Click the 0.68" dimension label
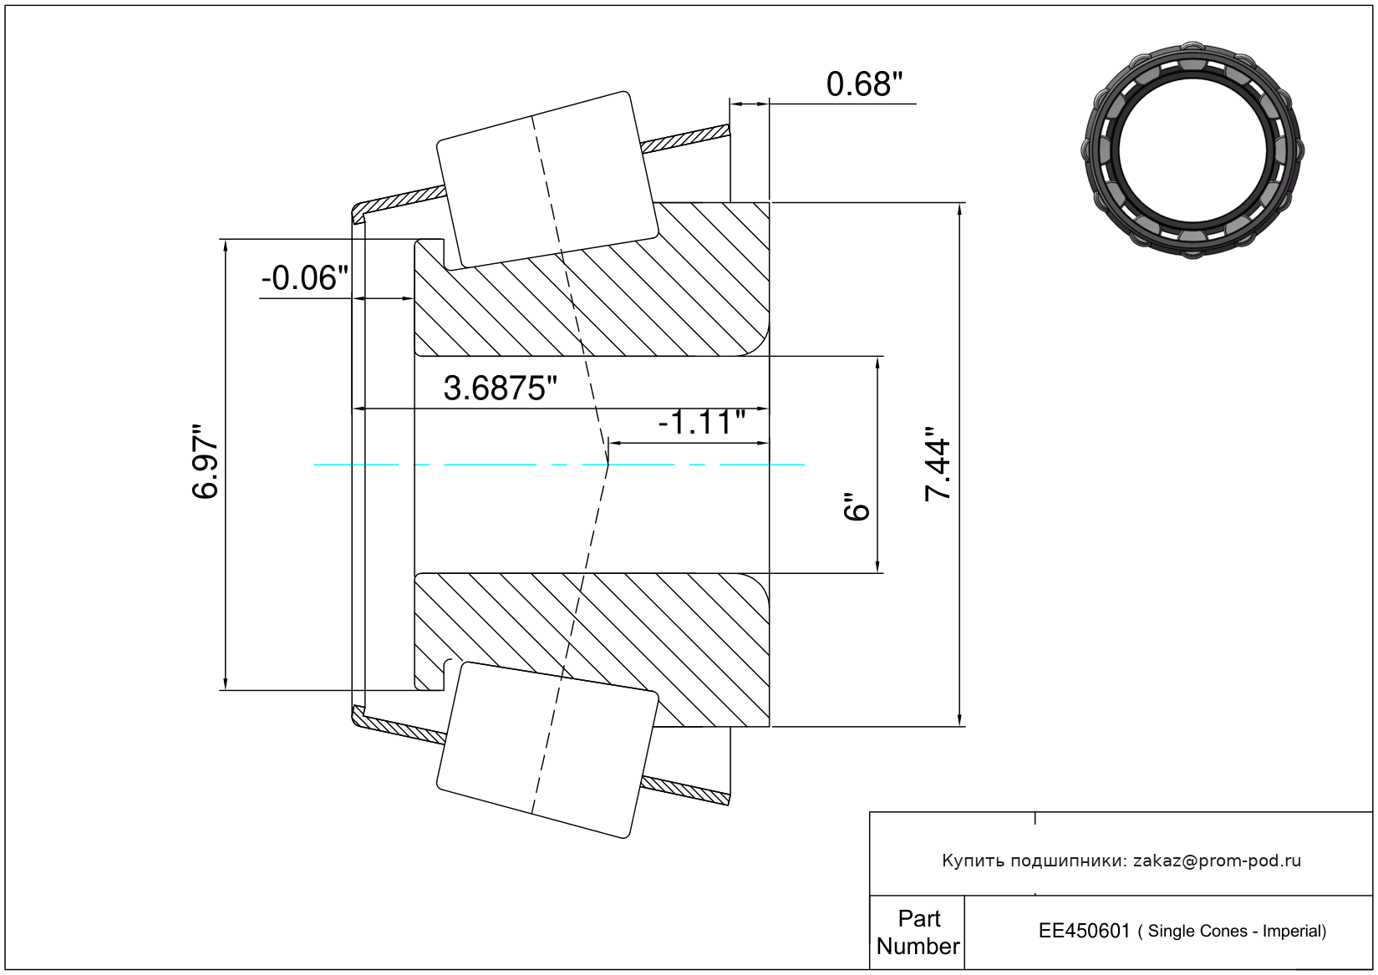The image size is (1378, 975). tap(864, 84)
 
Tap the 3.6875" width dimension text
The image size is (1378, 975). tap(500, 388)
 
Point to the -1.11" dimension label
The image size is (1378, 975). tap(702, 422)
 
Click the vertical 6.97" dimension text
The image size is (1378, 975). tap(205, 461)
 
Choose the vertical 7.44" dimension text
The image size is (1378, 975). tap(938, 464)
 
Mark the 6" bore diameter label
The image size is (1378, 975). tap(856, 506)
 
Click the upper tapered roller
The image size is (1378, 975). tap(547, 180)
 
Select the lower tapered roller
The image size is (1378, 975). tap(547, 750)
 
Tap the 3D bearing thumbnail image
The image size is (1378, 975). tap(1192, 150)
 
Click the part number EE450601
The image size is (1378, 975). tap(1084, 932)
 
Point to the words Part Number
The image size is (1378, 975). tap(918, 932)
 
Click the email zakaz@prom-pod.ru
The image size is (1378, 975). tap(1217, 861)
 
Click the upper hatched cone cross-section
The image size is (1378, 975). tap(592, 279)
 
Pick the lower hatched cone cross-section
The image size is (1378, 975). tap(592, 650)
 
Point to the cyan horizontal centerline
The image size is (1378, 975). tap(559, 465)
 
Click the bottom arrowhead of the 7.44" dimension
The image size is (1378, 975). tap(959, 720)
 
